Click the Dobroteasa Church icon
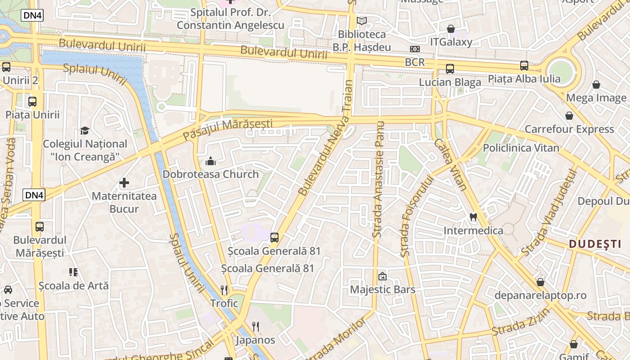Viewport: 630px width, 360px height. click(210, 161)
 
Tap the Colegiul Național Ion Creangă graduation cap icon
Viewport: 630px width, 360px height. click(85, 131)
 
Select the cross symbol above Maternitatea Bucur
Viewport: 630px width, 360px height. click(124, 183)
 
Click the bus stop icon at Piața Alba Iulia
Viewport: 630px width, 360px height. click(524, 66)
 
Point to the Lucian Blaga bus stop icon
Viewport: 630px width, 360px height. click(450, 69)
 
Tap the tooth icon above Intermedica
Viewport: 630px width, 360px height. click(473, 217)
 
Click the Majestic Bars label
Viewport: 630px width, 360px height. click(382, 289)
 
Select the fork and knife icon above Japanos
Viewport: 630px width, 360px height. click(256, 326)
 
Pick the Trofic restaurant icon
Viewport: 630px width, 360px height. click(225, 290)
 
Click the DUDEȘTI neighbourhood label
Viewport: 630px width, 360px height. click(595, 244)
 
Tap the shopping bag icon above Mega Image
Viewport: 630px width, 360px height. click(596, 85)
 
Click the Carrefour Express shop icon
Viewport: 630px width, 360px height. click(569, 116)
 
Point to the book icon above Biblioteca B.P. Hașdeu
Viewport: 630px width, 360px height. click(362, 21)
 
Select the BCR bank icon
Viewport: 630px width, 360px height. click(415, 49)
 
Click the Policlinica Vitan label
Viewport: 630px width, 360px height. click(521, 148)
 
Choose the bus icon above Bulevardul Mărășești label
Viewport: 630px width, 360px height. click(40, 226)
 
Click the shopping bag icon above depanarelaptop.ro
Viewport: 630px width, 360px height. click(540, 282)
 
